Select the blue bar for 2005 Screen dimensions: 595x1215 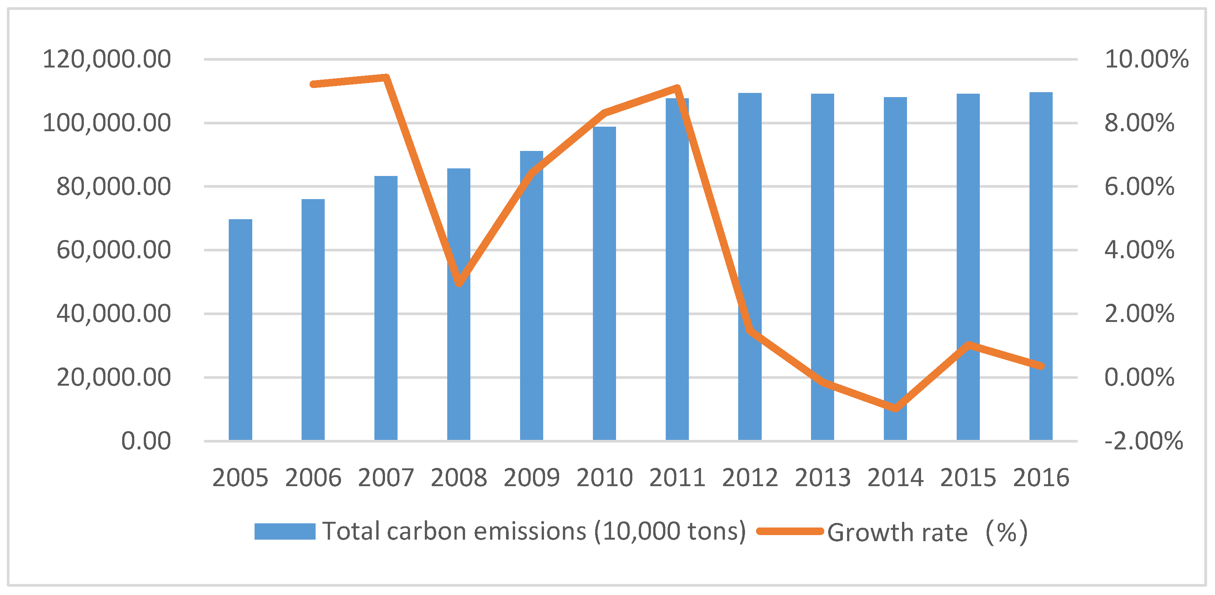coord(240,330)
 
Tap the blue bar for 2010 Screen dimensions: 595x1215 coord(604,283)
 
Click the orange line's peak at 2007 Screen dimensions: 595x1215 coord(386,77)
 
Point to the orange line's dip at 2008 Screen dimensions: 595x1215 coord(459,283)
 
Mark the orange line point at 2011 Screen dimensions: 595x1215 coord(677,88)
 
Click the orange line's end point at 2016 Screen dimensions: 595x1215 coord(1041,366)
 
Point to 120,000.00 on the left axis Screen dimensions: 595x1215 coord(107,60)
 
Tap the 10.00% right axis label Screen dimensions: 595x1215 coord(1146,60)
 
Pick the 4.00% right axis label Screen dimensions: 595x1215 coord(1139,250)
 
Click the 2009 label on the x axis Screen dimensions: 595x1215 coord(531,477)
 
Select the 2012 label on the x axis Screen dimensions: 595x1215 coord(750,477)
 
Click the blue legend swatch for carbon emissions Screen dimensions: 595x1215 coord(284,531)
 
